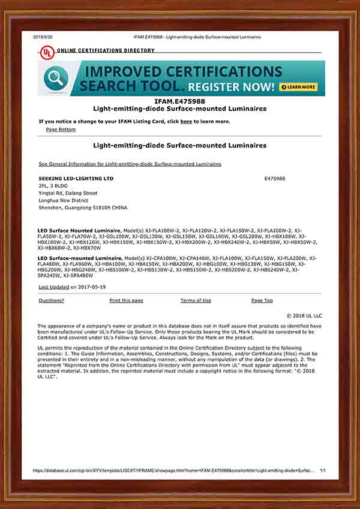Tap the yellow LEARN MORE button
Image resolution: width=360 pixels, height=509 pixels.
298,87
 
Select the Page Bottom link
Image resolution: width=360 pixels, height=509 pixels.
61,129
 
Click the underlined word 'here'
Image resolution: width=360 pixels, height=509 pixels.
186,121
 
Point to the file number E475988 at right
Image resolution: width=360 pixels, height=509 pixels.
274,179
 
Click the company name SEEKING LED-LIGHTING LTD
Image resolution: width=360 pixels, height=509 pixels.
76,179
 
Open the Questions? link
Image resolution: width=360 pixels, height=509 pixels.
51,300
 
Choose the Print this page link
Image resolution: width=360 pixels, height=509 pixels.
126,300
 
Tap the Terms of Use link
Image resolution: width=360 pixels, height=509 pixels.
196,300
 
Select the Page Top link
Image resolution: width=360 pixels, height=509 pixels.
262,300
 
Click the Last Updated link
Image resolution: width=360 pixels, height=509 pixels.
53,287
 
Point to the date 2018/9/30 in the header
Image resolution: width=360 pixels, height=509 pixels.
43,37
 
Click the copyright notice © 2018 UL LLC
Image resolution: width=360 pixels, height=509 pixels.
304,315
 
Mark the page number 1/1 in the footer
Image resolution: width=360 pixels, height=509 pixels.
323,471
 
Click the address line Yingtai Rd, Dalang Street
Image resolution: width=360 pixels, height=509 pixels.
67,193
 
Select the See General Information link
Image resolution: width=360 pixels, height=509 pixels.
130,164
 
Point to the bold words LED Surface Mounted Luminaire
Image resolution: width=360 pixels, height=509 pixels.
79,230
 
